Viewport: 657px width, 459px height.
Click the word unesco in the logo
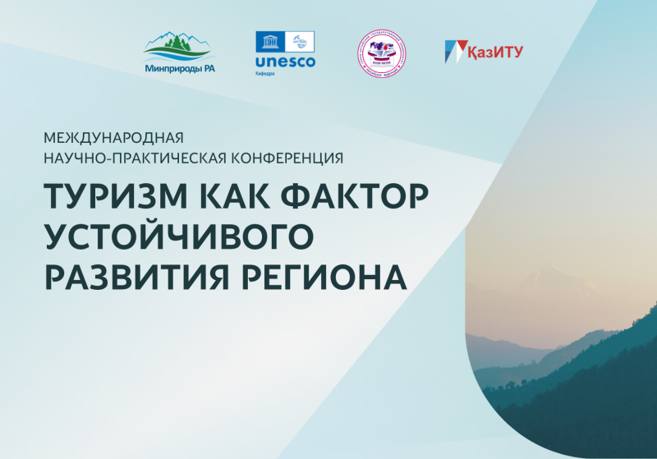click(285, 62)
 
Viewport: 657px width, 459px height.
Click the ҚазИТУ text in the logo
click(495, 51)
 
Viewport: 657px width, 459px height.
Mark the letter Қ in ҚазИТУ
click(475, 51)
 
